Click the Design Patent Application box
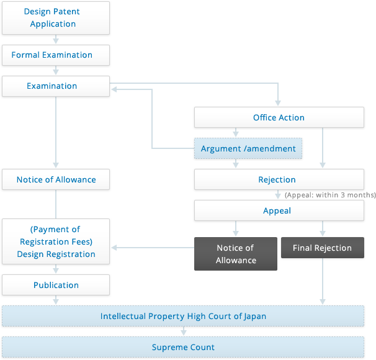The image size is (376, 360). pos(56,18)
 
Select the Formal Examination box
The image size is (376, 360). pos(56,55)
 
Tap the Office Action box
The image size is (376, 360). pos(279,117)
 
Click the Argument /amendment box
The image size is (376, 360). pos(248,148)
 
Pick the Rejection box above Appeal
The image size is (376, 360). pos(279,179)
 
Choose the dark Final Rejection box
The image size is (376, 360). pos(323,248)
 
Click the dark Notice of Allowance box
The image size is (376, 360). pos(236,254)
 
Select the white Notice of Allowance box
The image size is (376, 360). pos(56,179)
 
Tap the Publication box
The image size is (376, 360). pos(56,285)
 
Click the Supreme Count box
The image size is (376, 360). pos(183,347)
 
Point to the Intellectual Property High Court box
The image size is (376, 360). pos(183,316)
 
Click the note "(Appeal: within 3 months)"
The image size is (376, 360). pos(330,195)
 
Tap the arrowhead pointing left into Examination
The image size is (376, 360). pos(114,89)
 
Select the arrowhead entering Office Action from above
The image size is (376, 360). pos(278,103)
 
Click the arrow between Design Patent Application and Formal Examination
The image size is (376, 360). pos(56,39)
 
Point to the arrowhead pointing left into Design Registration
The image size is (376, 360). pos(114,248)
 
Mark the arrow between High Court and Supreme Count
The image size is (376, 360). pos(184,331)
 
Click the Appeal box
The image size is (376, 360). pos(279,210)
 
